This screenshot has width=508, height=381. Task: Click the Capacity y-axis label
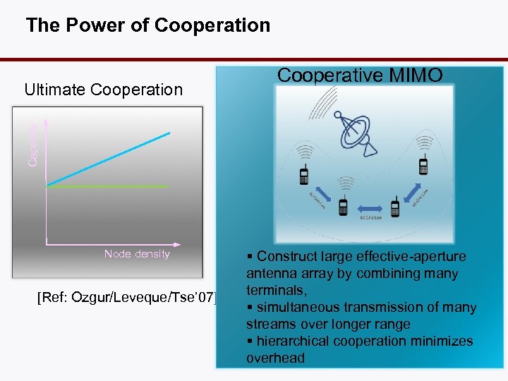[x=32, y=144]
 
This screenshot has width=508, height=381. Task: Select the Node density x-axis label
[x=137, y=254]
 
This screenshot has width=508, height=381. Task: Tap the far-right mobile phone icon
[x=423, y=167]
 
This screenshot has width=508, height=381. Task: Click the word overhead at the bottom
[x=276, y=358]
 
